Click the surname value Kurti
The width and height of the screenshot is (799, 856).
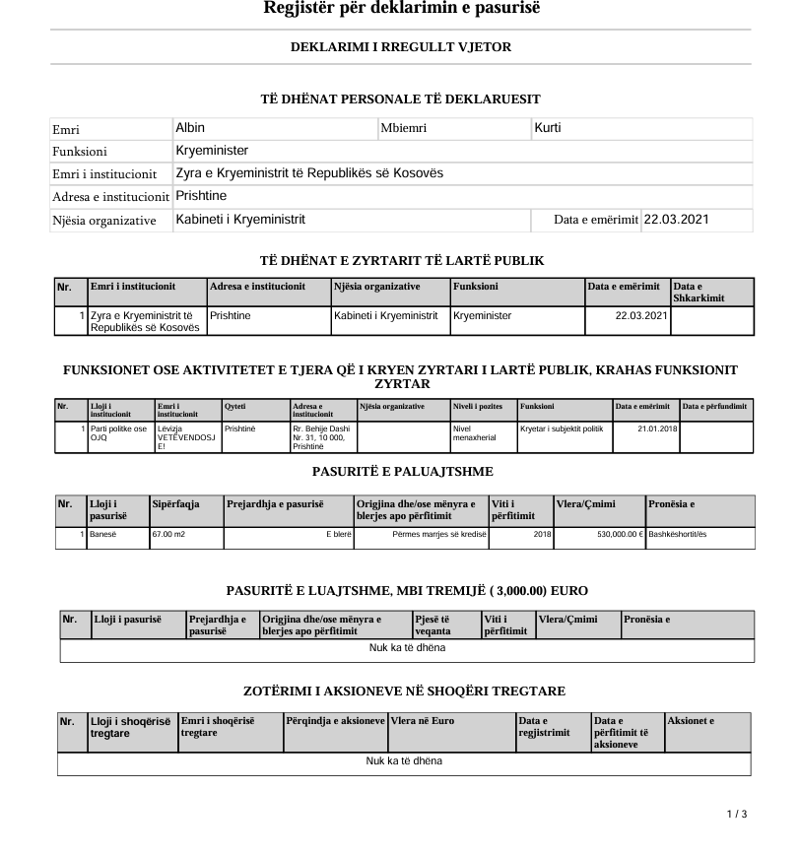(548, 128)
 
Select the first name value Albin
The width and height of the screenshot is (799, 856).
(190, 128)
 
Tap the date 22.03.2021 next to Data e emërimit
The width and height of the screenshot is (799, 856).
(675, 220)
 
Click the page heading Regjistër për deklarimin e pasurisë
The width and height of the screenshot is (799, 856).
(402, 10)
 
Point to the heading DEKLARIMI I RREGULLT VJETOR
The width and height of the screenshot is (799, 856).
(401, 47)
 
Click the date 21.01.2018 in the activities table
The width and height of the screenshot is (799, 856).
(653, 428)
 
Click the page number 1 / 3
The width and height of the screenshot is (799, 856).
(737, 814)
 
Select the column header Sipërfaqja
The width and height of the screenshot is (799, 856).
(176, 504)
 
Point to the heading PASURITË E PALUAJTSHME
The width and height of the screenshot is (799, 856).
(402, 473)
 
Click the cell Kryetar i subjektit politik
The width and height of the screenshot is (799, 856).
(561, 428)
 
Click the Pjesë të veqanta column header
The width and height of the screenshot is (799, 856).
(433, 625)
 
